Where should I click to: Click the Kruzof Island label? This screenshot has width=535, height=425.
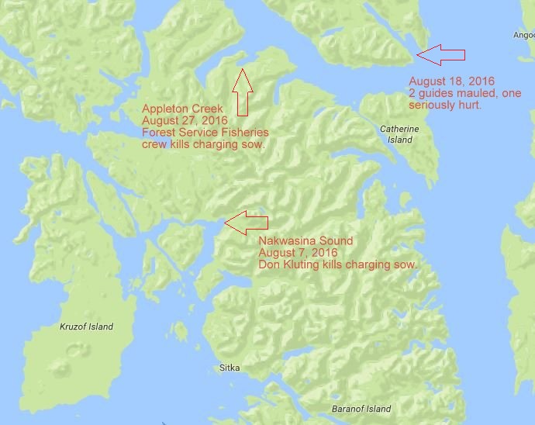coord(86,327)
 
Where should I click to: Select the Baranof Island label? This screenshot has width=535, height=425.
coord(358,409)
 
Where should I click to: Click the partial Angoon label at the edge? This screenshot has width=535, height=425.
coord(523,35)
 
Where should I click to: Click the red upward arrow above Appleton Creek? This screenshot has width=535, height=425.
coord(243,91)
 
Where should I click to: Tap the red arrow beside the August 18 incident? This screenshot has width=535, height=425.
coord(440,54)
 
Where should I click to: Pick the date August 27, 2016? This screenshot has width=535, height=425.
coord(180,121)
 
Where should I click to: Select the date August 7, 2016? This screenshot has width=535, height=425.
coord(298,253)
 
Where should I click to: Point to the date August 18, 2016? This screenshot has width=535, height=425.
coord(451,81)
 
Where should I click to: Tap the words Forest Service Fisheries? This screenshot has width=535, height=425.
coord(204,133)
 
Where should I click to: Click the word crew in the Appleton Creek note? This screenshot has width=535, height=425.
coord(154,144)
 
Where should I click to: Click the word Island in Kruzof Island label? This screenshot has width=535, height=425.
coord(100,327)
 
